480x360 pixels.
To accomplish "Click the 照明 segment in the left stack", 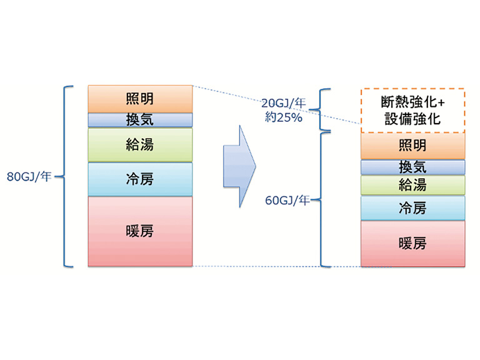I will (140, 99).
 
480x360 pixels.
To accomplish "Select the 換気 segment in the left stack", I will (140, 119).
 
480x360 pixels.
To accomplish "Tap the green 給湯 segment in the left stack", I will (140, 145).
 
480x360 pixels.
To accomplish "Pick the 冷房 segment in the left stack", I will (140, 179).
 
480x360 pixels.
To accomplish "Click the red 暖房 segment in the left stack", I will (140, 231).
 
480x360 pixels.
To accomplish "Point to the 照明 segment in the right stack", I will (412, 146).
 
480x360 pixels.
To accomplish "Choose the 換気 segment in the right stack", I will (412, 167).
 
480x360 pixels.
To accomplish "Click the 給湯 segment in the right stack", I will (412, 184).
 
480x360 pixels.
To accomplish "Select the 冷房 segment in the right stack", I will (412, 208).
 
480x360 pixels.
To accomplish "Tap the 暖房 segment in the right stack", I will (412, 243).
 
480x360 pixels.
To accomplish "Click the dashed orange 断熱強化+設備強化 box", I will (412, 109).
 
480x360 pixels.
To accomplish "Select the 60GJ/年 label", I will (287, 201).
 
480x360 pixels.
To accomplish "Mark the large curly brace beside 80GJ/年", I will (65, 176).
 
